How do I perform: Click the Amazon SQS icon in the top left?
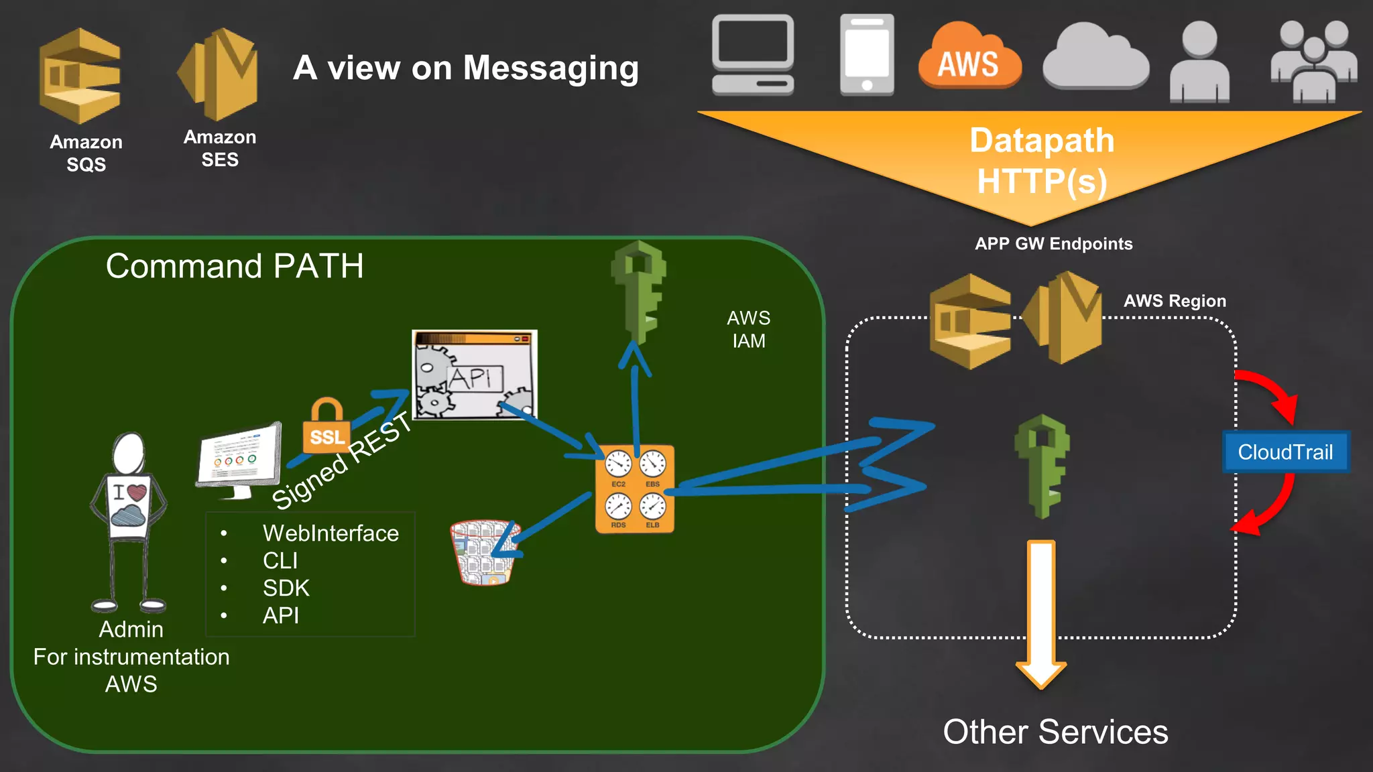pyautogui.click(x=80, y=76)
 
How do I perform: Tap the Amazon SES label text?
pyautogui.click(x=220, y=148)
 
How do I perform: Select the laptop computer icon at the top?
pyautogui.click(x=753, y=55)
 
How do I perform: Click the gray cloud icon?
pyautogui.click(x=1095, y=59)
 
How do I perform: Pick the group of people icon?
pyautogui.click(x=1313, y=62)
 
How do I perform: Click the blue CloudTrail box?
pyautogui.click(x=1285, y=452)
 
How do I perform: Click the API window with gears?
pyautogui.click(x=474, y=375)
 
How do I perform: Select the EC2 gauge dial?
pyautogui.click(x=618, y=464)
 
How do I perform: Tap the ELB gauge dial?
pyautogui.click(x=652, y=507)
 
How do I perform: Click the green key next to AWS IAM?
pyautogui.click(x=639, y=292)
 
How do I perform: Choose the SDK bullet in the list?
pyautogui.click(x=286, y=588)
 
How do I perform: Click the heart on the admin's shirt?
pyautogui.click(x=137, y=493)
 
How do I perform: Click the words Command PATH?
pyautogui.click(x=235, y=266)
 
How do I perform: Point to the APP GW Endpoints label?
pyautogui.click(x=1053, y=244)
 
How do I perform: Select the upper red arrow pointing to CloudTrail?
pyautogui.click(x=1270, y=392)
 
